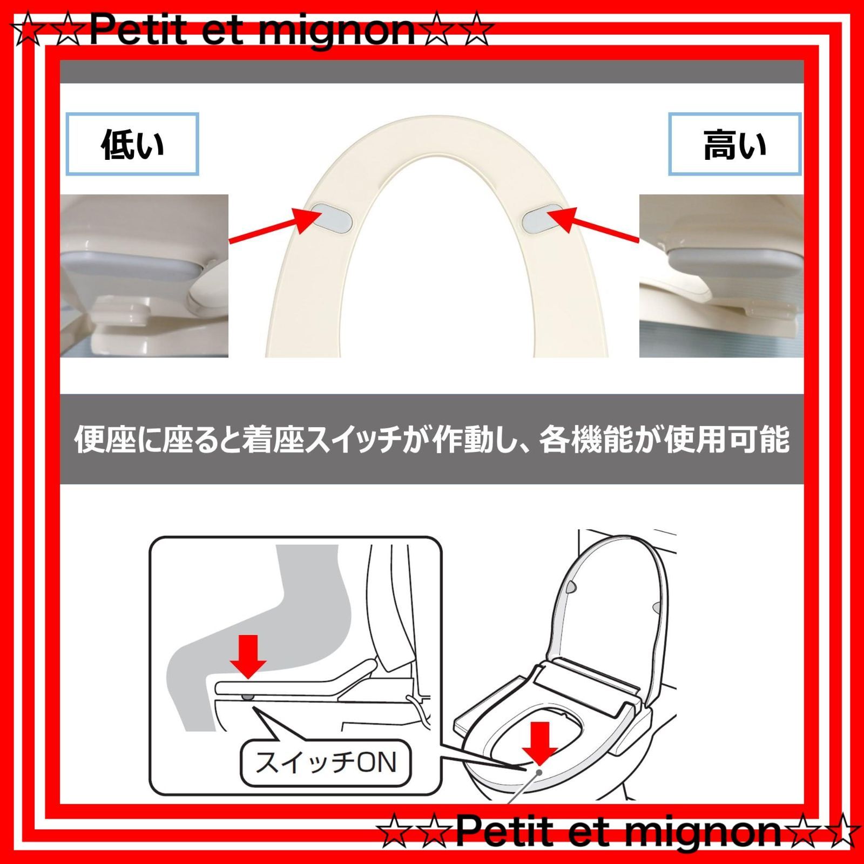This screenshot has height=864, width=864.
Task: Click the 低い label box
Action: (x=132, y=144)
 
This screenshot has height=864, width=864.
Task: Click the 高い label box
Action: (x=734, y=144)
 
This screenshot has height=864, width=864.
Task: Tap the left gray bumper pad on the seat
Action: (x=333, y=218)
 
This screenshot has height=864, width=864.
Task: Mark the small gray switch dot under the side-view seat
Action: (x=247, y=697)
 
